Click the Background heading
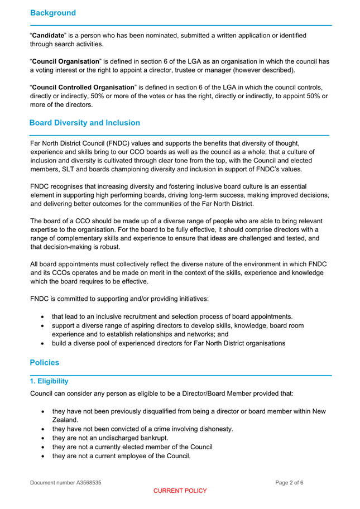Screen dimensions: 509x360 click(x=53, y=12)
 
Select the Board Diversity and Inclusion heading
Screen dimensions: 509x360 click(x=84, y=122)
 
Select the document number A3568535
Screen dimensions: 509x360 click(x=66, y=482)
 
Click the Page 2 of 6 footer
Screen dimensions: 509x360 click(x=289, y=482)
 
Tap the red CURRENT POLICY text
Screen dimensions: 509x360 click(x=180, y=491)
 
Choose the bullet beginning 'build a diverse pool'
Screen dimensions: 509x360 click(x=169, y=343)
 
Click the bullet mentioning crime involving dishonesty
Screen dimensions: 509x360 click(x=142, y=429)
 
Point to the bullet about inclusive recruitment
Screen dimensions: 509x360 click(x=172, y=316)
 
